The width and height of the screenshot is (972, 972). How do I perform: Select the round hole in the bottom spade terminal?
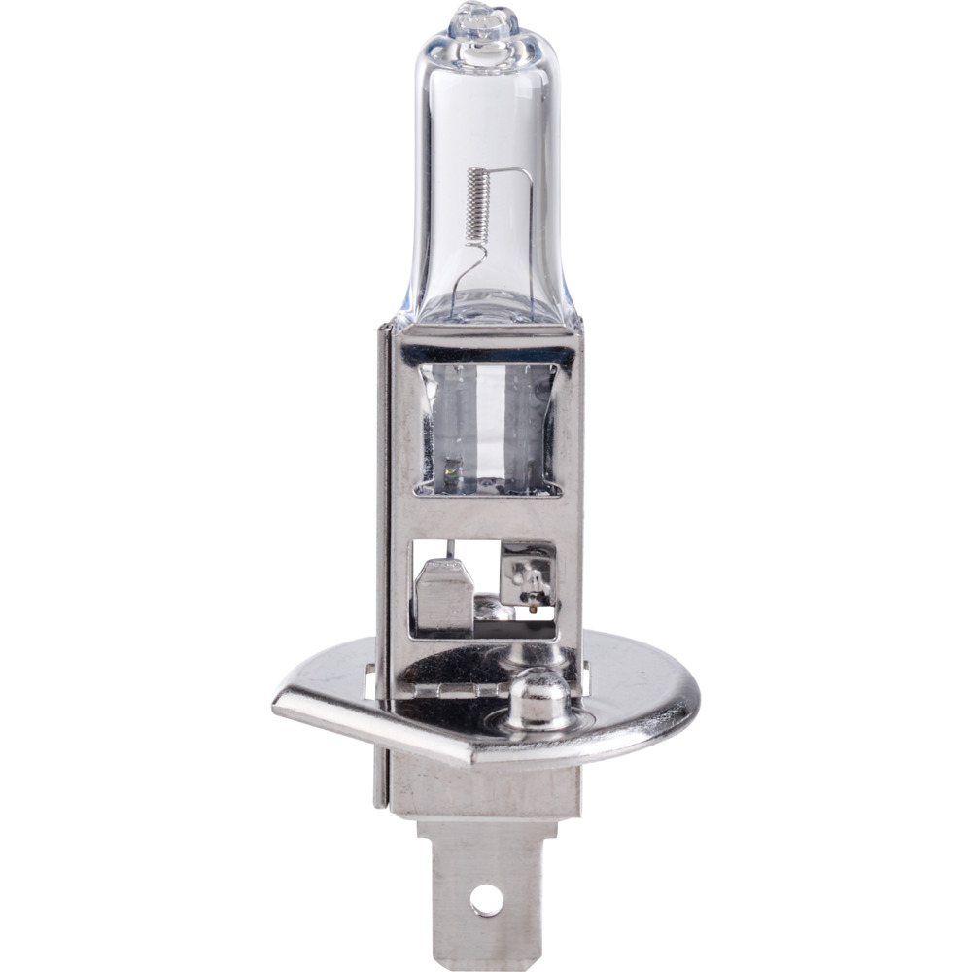[486, 900]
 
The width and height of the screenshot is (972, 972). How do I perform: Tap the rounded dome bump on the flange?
[538, 696]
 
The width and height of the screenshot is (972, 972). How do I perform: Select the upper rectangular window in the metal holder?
[485, 429]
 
